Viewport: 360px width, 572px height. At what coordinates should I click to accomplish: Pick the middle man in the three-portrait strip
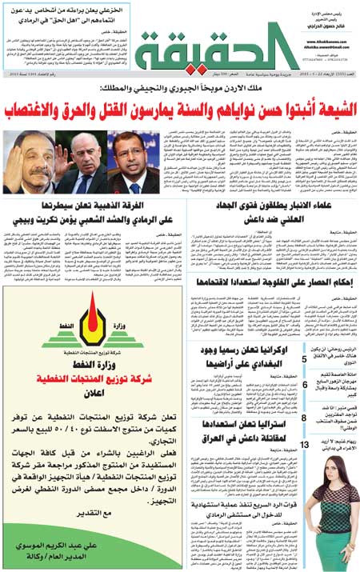80,165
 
